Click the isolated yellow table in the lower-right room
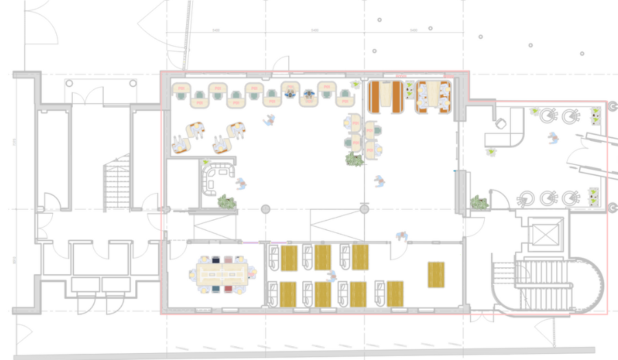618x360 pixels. tap(436, 274)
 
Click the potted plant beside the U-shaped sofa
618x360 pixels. tap(227, 202)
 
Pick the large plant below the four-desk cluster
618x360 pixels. tap(354, 160)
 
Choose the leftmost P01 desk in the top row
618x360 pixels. tap(181, 89)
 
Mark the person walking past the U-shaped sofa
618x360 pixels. tap(241, 184)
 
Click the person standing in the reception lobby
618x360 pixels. tap(553, 137)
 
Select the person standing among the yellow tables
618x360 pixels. tap(332, 276)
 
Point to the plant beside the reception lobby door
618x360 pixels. tap(479, 202)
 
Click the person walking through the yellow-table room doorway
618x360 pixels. tap(402, 237)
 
